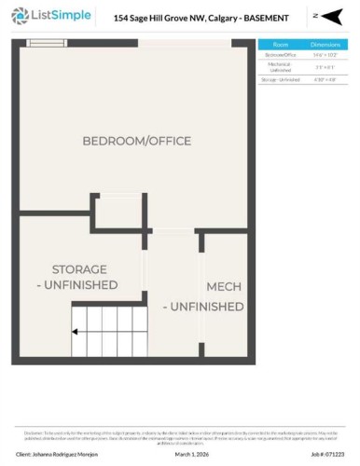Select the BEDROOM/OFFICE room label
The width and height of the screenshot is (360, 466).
click(x=136, y=142)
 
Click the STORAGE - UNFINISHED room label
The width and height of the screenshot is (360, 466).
click(x=84, y=276)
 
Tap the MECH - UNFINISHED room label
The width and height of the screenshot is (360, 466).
click(x=205, y=296)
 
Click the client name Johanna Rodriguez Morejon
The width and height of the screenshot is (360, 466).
click(x=57, y=455)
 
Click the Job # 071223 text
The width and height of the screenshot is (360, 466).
click(x=322, y=455)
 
